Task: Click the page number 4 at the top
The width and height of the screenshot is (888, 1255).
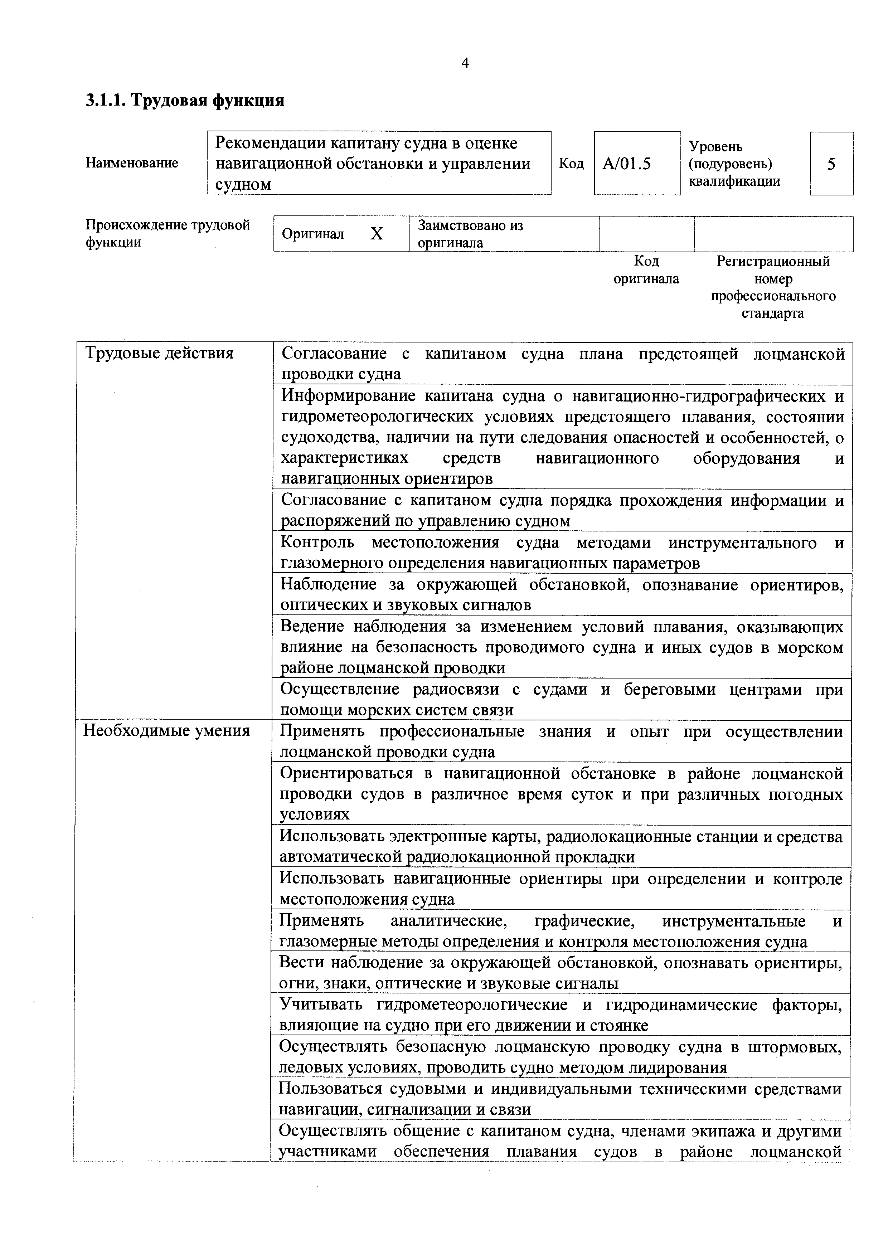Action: click(x=465, y=63)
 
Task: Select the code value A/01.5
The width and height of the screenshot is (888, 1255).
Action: click(x=627, y=164)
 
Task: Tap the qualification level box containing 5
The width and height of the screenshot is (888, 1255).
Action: click(x=831, y=164)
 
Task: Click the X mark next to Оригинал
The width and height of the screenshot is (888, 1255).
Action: click(x=377, y=234)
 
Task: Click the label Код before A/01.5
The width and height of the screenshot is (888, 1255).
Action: click(x=571, y=164)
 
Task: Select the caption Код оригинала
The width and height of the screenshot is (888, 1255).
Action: click(x=646, y=270)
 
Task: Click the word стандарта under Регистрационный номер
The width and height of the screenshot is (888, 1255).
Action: click(x=773, y=314)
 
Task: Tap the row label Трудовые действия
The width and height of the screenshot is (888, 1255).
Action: click(x=159, y=354)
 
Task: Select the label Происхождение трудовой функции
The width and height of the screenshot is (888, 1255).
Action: click(x=167, y=233)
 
